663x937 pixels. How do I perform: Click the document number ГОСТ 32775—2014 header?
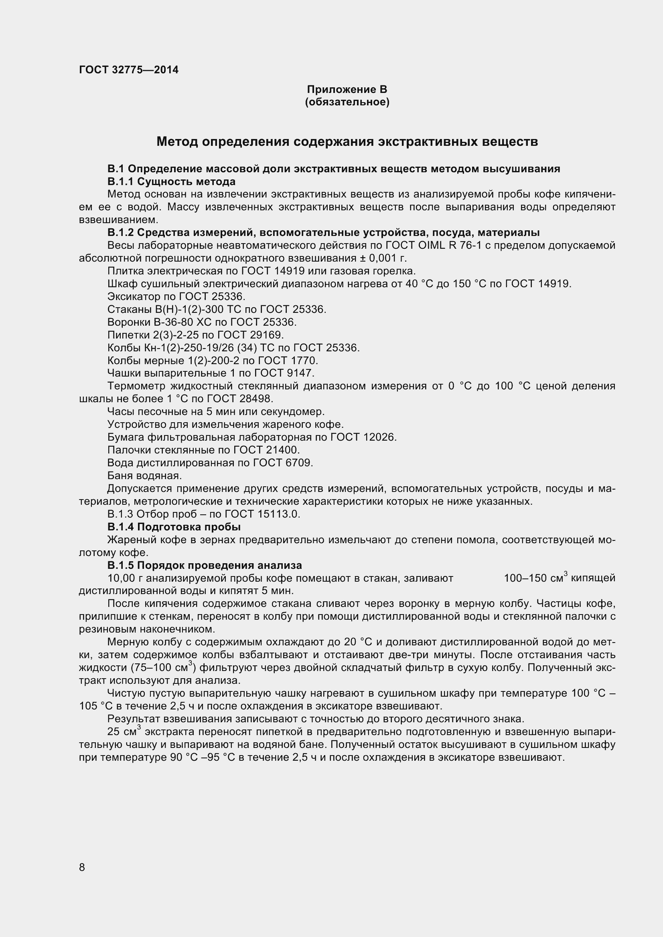coord(129,70)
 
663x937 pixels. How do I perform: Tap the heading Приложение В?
coord(347,89)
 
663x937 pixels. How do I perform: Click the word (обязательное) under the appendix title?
coord(347,102)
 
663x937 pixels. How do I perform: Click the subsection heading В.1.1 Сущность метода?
coord(172,181)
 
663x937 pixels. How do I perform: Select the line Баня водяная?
coord(144,476)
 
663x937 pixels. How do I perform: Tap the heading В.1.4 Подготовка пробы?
coord(174,527)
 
